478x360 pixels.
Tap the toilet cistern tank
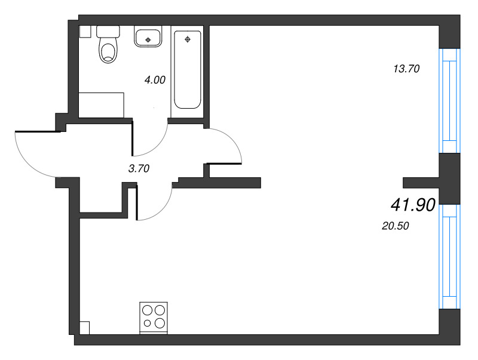(x=108, y=32)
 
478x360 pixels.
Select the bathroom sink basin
(x=148, y=36)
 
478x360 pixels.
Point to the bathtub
(x=188, y=69)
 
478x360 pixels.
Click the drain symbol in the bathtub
(x=188, y=39)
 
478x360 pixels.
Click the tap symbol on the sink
(x=148, y=39)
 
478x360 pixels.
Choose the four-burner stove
(x=154, y=318)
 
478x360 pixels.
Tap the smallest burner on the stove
(x=147, y=323)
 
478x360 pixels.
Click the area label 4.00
(x=155, y=80)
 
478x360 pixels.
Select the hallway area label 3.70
(x=139, y=168)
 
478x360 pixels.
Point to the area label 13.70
(x=407, y=69)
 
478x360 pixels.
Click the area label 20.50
(x=396, y=226)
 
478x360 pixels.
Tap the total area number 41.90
(x=413, y=205)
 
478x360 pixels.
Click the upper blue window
(x=449, y=100)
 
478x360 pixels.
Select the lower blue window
(x=449, y=256)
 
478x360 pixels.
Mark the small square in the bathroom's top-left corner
(x=85, y=32)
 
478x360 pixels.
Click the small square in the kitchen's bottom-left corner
(x=84, y=328)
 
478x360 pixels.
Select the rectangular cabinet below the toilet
(x=101, y=105)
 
